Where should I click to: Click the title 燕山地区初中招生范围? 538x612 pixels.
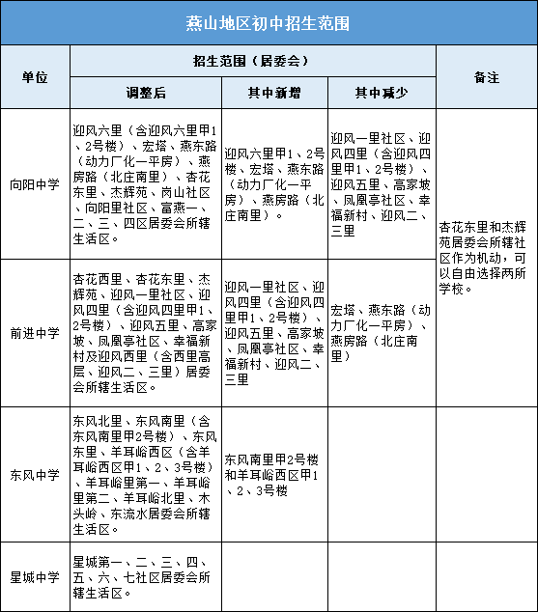tap(269, 22)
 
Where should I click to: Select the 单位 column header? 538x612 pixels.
tap(35, 76)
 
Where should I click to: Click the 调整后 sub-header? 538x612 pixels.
tap(145, 93)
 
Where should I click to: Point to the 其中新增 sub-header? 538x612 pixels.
tap(274, 93)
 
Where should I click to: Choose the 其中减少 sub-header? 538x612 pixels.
tap(382, 93)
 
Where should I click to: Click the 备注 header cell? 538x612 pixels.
tap(486, 76)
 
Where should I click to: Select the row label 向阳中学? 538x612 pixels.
tap(35, 183)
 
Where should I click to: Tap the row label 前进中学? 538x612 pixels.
tap(35, 332)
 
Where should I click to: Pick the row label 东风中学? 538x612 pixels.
tap(35, 475)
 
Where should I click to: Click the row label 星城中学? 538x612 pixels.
tap(35, 577)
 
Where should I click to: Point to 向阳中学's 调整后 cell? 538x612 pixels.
tap(145, 183)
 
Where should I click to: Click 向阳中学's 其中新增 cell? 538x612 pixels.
tap(274, 183)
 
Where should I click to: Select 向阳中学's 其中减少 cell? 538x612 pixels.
tap(382, 183)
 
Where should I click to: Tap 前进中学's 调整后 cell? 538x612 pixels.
tap(145, 332)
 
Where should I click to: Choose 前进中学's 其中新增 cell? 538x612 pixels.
tap(274, 332)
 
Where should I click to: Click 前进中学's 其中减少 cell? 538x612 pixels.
tap(382, 332)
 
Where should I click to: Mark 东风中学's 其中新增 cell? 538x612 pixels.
tap(274, 475)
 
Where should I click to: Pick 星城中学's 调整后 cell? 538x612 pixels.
tap(145, 577)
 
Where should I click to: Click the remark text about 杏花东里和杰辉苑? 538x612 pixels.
tap(486, 255)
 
